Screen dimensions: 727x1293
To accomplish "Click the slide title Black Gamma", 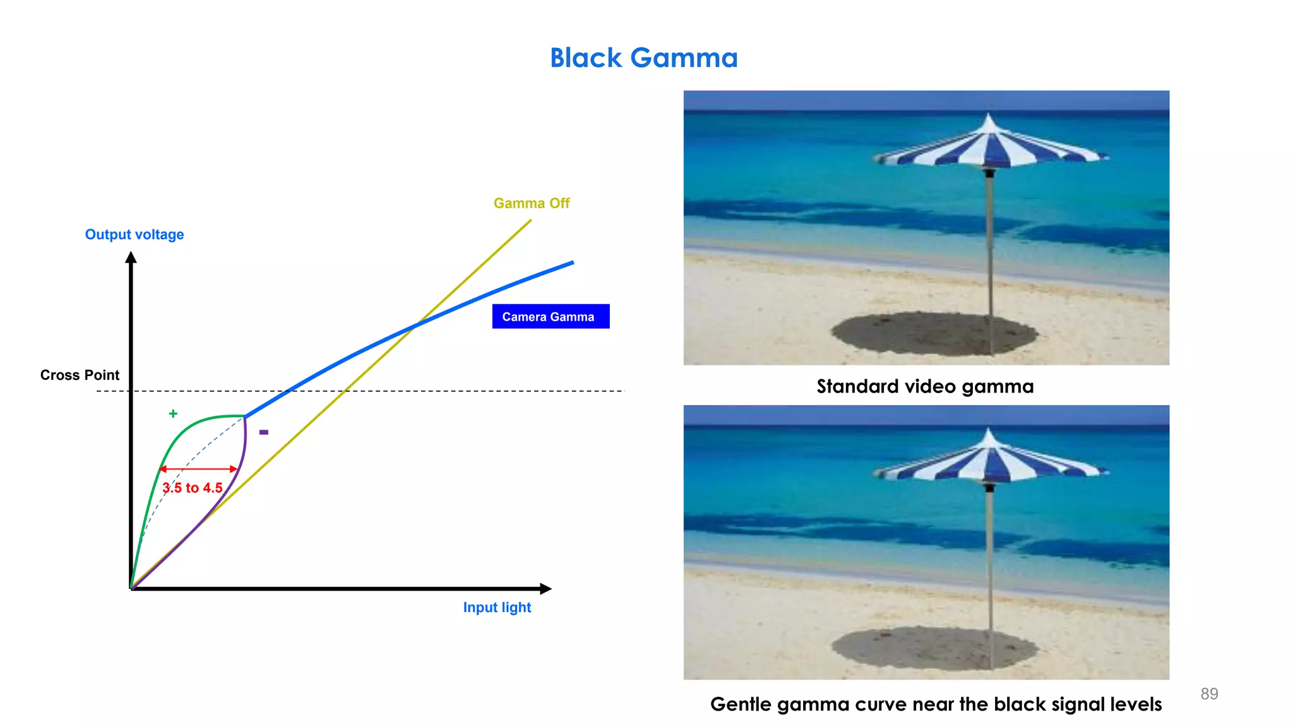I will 643,58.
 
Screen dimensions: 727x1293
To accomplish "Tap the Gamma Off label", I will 532,203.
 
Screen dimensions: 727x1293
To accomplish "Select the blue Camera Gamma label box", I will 551,316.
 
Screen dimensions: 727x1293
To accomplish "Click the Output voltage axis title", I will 134,235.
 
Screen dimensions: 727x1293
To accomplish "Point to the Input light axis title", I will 497,607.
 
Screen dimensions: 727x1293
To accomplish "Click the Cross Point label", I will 80,375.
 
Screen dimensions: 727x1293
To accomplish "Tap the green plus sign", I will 173,413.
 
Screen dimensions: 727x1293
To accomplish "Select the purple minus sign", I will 264,432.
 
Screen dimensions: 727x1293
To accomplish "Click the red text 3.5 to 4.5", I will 193,488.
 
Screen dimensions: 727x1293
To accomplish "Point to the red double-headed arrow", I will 198,469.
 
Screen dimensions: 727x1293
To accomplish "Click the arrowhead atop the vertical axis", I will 131,257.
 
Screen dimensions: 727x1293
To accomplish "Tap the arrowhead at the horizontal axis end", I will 545,589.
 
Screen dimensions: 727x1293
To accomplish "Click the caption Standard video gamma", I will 925,386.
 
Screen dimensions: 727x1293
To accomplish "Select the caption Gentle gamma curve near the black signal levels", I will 936,704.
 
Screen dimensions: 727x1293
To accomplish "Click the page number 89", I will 1209,694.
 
